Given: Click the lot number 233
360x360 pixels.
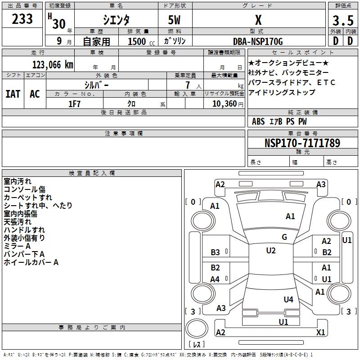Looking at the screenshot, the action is (22, 19).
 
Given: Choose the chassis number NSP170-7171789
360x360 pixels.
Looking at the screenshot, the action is (302, 143).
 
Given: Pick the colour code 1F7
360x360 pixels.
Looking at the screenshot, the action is (74, 104).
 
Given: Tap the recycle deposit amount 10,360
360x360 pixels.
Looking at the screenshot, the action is (222, 104).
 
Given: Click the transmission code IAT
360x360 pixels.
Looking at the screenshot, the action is (13, 94).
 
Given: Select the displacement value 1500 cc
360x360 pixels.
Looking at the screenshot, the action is (137, 42).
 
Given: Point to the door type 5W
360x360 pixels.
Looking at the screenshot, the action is (175, 21).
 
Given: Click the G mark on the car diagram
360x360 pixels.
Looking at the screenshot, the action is (284, 237).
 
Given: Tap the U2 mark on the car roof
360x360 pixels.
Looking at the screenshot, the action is (271, 251).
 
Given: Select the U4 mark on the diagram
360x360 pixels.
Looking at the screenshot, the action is (288, 299).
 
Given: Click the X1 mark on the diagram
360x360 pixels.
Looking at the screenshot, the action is (321, 333).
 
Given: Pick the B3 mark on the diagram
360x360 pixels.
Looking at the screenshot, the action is (216, 252).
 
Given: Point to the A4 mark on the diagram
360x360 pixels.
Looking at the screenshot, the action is (215, 279).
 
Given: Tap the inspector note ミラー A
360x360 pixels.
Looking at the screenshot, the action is (17, 246).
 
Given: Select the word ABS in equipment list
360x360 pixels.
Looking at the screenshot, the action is (258, 121).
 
